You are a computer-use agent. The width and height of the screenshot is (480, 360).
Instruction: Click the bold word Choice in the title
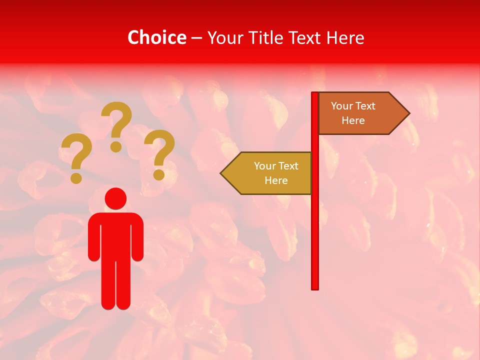[156, 37]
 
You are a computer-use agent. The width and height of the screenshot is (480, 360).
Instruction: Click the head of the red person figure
[115, 198]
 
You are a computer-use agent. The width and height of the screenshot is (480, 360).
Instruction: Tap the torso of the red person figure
[115, 235]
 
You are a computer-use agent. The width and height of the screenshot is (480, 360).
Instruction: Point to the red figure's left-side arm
[93, 237]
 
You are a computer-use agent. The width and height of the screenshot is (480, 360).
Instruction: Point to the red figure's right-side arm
[138, 237]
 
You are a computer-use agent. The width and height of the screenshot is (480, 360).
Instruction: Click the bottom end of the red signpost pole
[315, 287]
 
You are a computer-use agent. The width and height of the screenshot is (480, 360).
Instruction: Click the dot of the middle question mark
[116, 146]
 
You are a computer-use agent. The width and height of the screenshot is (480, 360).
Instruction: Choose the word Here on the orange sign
[353, 120]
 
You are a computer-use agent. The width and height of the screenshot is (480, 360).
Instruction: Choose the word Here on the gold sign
[276, 180]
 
